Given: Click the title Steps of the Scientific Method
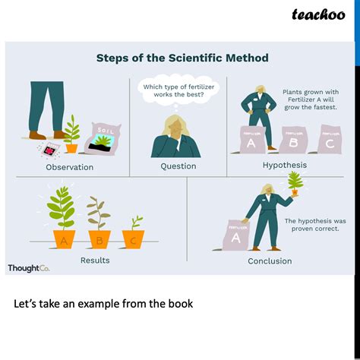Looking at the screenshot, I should point(182,58).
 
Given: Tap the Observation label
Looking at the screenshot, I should point(69,167).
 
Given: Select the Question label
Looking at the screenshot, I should point(178,166).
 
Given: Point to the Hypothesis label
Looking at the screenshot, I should point(284,164).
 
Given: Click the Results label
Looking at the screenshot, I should point(95,261).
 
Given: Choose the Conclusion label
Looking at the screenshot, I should point(269,261).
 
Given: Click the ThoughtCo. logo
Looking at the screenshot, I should point(28,268).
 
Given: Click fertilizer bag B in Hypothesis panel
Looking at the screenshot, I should point(291,141).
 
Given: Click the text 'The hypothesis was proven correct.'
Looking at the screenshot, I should point(315,224).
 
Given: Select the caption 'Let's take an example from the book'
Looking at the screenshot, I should point(103,304).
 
